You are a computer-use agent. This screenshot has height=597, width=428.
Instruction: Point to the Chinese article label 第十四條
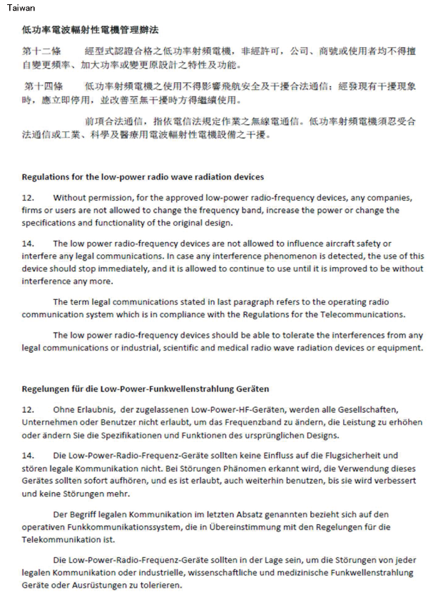(44, 86)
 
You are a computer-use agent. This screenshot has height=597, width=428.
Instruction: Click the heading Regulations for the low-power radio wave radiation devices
(143, 176)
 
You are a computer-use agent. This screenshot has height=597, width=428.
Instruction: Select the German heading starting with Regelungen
(146, 388)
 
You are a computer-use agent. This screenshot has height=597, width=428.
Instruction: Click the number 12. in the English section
(28, 197)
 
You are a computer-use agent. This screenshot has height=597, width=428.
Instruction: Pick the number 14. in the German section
(28, 455)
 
